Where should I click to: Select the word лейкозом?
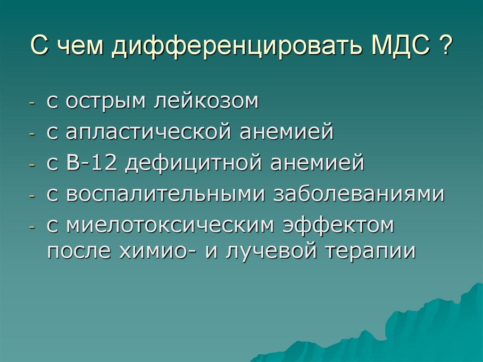click(x=206, y=101)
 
